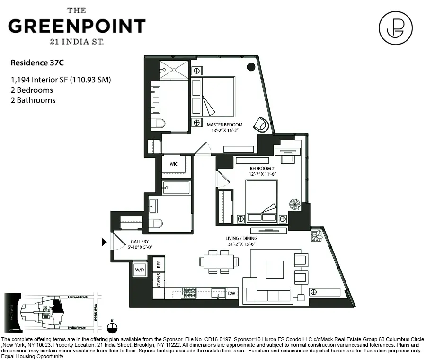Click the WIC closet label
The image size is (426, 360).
(x=173, y=164)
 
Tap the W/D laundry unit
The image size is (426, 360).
(x=140, y=270)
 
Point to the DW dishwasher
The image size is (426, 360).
(x=231, y=294)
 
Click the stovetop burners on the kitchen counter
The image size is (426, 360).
(x=190, y=293)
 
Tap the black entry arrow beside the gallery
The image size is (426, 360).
(x=104, y=243)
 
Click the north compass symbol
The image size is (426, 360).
(x=112, y=326)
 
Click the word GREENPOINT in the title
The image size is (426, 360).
(x=77, y=26)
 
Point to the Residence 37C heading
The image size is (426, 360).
(x=34, y=62)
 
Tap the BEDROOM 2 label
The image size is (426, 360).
(x=262, y=169)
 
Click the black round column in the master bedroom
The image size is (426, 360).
(x=251, y=67)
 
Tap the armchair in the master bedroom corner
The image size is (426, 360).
(x=260, y=124)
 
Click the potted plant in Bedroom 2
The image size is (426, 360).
(x=294, y=204)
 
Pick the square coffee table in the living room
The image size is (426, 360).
(x=275, y=269)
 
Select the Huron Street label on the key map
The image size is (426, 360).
(x=78, y=297)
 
